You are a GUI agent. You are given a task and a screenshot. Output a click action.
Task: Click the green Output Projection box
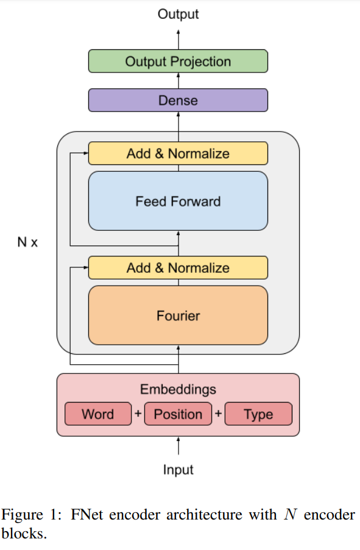click(178, 62)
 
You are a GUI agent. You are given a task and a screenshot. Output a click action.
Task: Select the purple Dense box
click(178, 100)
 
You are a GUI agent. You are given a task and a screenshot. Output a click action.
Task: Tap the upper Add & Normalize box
click(178, 153)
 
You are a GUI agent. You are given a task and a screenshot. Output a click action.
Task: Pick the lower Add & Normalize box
click(178, 268)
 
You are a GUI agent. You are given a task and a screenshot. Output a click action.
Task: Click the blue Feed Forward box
click(178, 201)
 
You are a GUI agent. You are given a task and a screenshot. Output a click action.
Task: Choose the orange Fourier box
click(178, 316)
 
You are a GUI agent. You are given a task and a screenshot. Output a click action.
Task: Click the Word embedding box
click(97, 414)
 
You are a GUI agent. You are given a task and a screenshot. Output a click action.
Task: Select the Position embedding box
click(178, 414)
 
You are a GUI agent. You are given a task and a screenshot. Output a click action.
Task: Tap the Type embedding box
click(258, 414)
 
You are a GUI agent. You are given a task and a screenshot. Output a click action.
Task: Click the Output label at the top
click(178, 14)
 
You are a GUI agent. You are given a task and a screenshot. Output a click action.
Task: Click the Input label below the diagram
click(178, 470)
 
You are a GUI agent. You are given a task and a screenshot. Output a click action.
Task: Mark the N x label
click(27, 242)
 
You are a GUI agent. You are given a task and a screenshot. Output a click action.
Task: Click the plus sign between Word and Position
click(138, 414)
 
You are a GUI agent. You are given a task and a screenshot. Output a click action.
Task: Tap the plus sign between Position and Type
click(218, 414)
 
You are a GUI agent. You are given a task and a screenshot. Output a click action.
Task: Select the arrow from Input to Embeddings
click(178, 446)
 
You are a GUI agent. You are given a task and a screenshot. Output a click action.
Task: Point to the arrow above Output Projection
click(178, 38)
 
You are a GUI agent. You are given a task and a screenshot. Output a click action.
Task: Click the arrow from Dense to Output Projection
click(178, 80)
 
